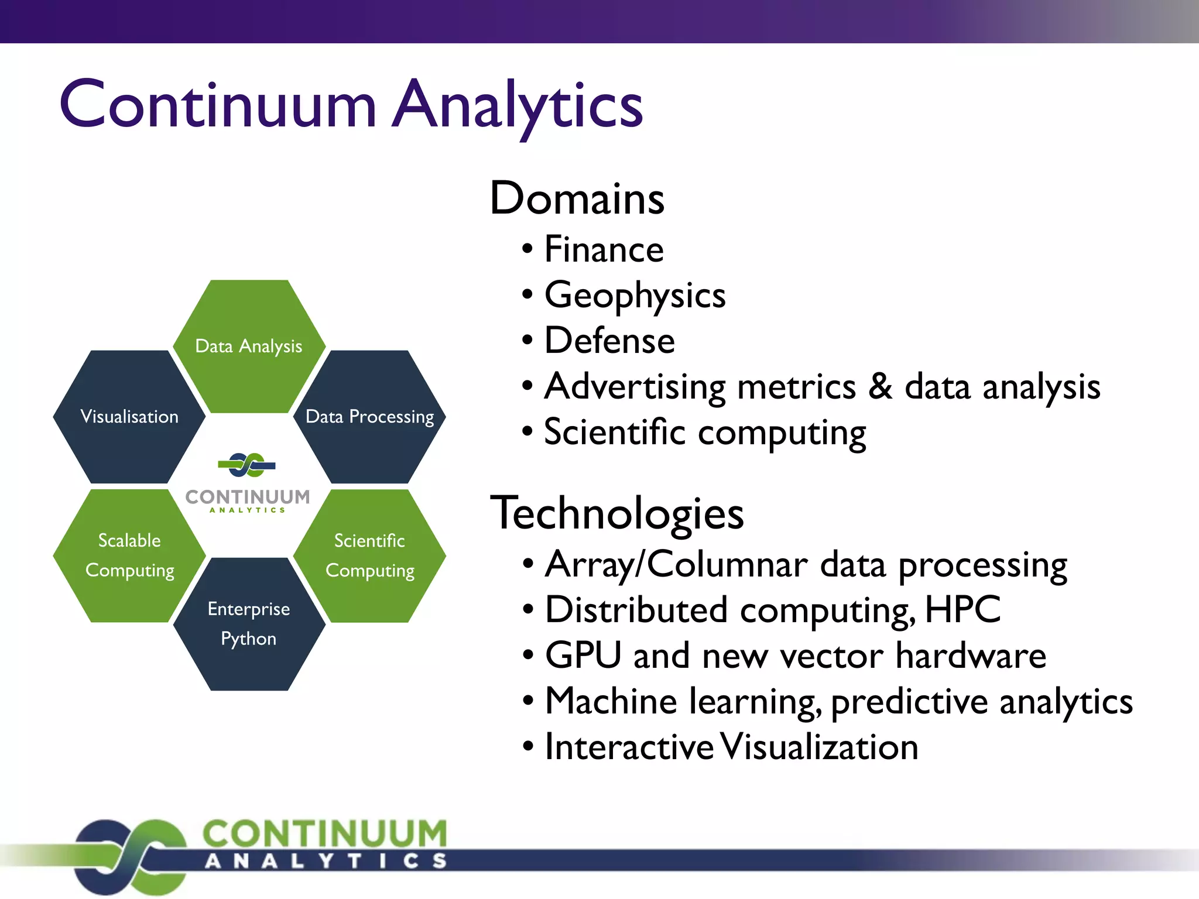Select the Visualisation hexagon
129,417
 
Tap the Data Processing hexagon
369,417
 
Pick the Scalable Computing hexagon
129,555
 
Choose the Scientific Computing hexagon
369,555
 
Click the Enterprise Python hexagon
249,624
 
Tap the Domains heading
577,198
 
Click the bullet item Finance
604,249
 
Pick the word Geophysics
635,295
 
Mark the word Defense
609,341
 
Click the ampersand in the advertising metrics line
880,387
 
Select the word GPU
583,656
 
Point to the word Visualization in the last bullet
819,747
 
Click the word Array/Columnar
676,565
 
